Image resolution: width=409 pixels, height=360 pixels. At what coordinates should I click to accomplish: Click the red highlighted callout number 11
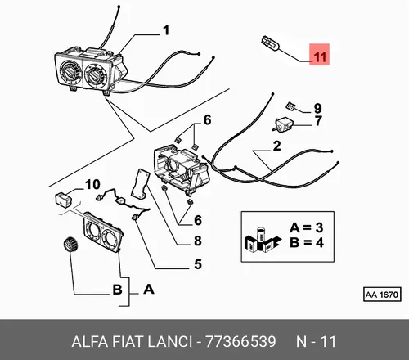[319, 55]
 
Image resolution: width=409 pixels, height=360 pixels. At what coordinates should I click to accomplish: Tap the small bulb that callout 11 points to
[270, 44]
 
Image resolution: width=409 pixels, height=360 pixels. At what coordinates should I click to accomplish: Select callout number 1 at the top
[165, 30]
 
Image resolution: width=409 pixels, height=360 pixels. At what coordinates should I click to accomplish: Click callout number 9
[317, 108]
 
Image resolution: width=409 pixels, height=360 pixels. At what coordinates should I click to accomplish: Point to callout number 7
[318, 121]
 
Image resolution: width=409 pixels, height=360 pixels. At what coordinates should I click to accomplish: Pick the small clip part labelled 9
[290, 106]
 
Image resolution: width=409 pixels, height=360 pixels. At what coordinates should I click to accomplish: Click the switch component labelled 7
[283, 124]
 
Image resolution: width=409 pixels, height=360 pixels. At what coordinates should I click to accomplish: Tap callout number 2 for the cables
[276, 146]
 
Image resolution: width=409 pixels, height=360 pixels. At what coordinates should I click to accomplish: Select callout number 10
[92, 185]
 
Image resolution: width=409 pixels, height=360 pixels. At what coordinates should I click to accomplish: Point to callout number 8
[198, 241]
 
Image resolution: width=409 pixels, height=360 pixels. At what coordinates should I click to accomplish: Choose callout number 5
[198, 264]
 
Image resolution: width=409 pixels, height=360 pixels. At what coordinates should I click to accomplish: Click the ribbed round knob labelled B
[70, 243]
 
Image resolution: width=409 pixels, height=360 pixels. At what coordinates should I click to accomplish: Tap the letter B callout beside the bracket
[118, 290]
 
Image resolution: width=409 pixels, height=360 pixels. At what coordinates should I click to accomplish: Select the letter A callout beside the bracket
[149, 289]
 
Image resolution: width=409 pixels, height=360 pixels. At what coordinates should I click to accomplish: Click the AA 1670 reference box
[382, 295]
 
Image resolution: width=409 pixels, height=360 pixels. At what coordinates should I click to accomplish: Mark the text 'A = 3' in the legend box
[307, 227]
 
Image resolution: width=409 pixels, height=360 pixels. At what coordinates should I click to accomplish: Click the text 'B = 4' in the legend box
[307, 242]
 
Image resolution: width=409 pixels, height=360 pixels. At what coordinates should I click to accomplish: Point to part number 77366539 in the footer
[240, 341]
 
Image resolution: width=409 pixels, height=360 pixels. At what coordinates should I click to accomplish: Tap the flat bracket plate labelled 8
[141, 182]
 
